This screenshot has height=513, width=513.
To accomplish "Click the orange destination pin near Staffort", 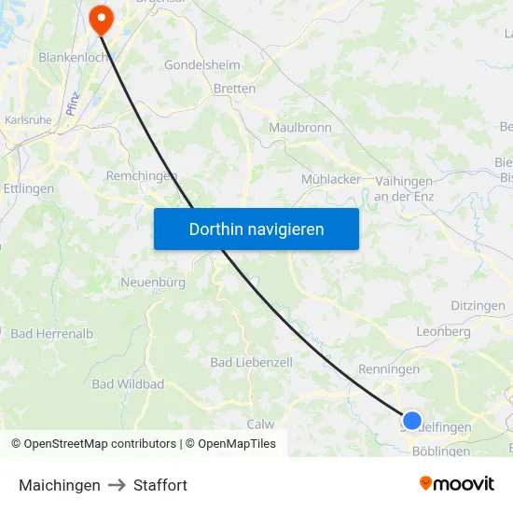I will pos(100,18).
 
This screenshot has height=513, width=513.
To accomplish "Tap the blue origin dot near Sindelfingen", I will pos(411,421).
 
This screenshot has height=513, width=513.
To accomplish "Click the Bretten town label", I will pos(234,90).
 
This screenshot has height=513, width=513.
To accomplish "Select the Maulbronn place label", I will pos(299,127).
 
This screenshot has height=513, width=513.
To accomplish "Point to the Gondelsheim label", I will pos(201,65).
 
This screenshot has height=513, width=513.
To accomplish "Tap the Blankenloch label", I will pos(76,57).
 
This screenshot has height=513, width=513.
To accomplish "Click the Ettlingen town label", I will pos(28,188).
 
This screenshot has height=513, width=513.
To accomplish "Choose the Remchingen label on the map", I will pos(142,175).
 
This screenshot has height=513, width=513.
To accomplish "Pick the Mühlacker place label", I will pos(331,179).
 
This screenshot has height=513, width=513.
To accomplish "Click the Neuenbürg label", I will pos(153,282).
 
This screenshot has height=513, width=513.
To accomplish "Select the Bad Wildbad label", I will pos(128,384).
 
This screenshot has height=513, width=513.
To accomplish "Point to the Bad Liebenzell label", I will pos(251,362).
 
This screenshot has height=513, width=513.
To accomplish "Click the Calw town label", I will pos(260,423).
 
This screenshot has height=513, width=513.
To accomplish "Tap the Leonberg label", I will pos(444,331).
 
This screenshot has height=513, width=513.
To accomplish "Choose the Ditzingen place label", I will pos(478,306).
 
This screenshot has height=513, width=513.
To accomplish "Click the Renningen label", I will pos(389,369).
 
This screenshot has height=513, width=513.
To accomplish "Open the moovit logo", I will pos(457,484).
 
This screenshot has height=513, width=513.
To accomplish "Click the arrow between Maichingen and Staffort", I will pos(117,485).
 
